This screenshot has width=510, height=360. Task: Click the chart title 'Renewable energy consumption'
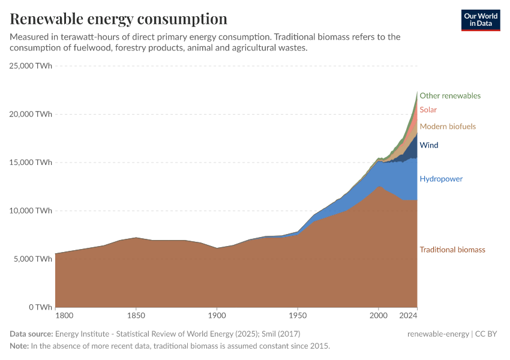(118, 19)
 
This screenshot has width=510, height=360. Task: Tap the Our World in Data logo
(480, 20)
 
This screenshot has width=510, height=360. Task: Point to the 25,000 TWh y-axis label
(31, 65)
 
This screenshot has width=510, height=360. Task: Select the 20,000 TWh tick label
(31, 114)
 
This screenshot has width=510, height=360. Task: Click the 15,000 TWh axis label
(31, 163)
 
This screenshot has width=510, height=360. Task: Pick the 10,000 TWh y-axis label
(31, 211)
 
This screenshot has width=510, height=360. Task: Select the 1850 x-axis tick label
(136, 316)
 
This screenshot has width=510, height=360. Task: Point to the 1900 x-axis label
(217, 316)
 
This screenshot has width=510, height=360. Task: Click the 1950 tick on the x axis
(298, 316)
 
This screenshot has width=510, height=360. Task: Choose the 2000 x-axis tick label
(378, 316)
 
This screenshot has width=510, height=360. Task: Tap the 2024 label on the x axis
(409, 316)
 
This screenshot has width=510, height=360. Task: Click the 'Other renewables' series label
(450, 95)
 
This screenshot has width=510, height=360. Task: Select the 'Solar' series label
(428, 110)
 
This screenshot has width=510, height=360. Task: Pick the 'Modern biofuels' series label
(448, 127)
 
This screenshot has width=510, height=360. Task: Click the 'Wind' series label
(428, 145)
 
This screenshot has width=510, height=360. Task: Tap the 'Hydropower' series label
(441, 179)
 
